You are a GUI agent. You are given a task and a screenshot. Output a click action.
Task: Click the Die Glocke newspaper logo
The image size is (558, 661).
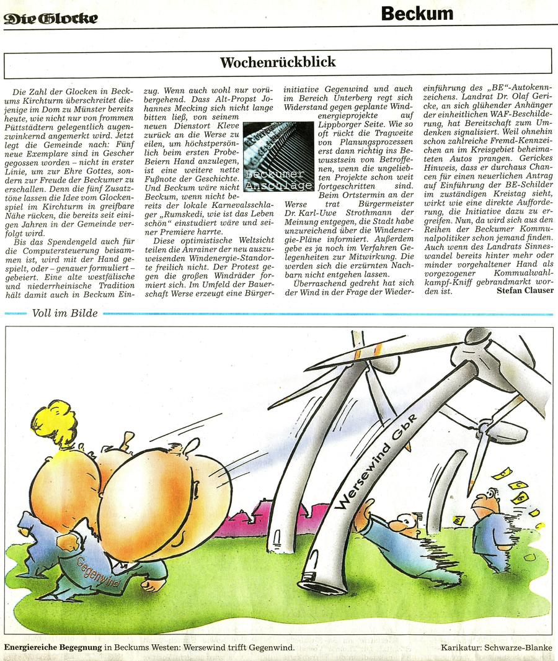tap(51, 19)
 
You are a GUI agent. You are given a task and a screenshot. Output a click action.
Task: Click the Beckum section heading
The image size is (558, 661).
tap(417, 13)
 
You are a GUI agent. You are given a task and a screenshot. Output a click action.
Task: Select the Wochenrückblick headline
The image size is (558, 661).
tap(277, 62)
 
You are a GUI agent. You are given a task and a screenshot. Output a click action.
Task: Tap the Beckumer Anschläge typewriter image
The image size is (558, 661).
tap(278, 157)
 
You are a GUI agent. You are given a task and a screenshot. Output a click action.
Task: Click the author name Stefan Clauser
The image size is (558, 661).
tap(525, 290)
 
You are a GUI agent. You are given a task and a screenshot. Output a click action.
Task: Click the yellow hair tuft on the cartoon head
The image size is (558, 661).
tap(56, 423)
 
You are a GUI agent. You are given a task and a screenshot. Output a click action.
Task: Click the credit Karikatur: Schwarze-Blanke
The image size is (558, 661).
tap(496, 649)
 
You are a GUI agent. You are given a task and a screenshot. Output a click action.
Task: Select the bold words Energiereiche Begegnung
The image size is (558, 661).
tap(52, 649)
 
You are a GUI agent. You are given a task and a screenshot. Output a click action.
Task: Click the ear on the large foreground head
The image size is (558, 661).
tap(192, 445)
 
